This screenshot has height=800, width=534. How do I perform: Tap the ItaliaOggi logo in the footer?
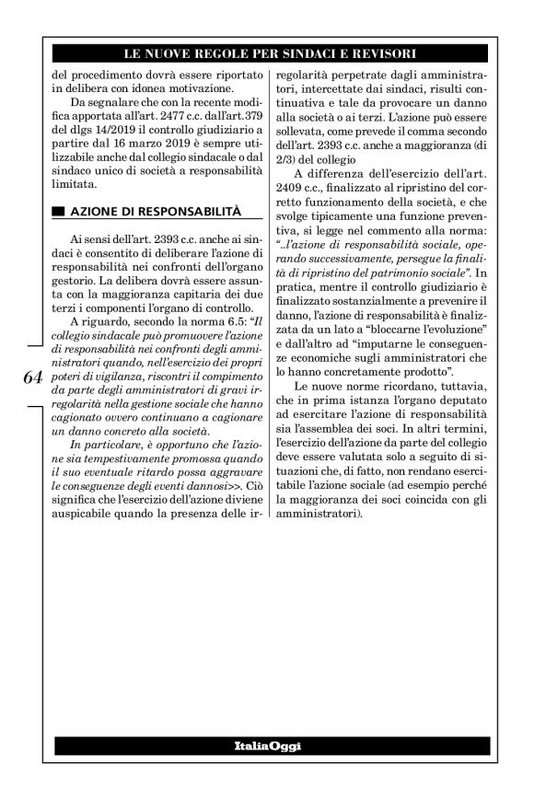[x=267, y=745]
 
